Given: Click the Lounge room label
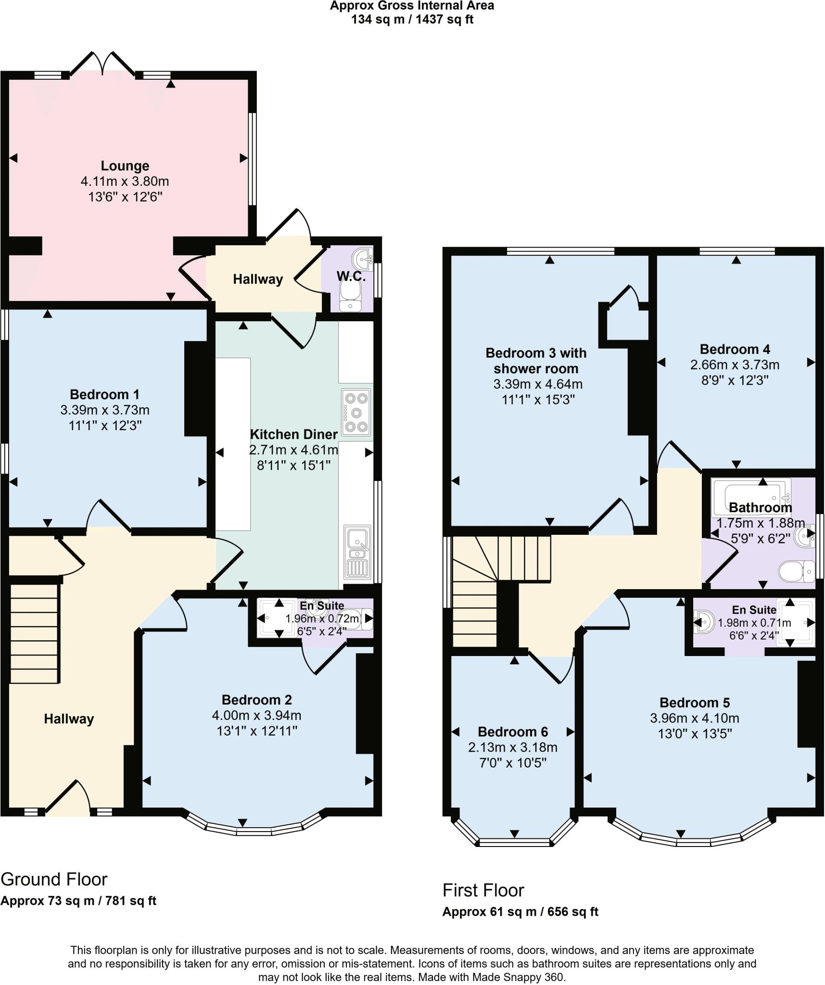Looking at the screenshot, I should [125, 166].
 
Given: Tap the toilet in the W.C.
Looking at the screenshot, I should [350, 296].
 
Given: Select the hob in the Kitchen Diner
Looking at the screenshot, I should [356, 412].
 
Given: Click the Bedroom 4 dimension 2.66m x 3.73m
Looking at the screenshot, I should [735, 365].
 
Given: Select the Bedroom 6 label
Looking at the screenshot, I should [512, 732].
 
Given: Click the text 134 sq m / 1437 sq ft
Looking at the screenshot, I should [412, 20].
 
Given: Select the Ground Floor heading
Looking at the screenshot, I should [54, 879].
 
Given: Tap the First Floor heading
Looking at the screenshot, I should [483, 890].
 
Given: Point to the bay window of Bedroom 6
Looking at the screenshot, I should [514, 842].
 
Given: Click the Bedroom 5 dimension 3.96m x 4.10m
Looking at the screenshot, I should [694, 718].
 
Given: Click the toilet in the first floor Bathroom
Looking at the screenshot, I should [790, 571].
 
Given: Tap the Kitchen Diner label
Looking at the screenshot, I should [293, 434].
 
